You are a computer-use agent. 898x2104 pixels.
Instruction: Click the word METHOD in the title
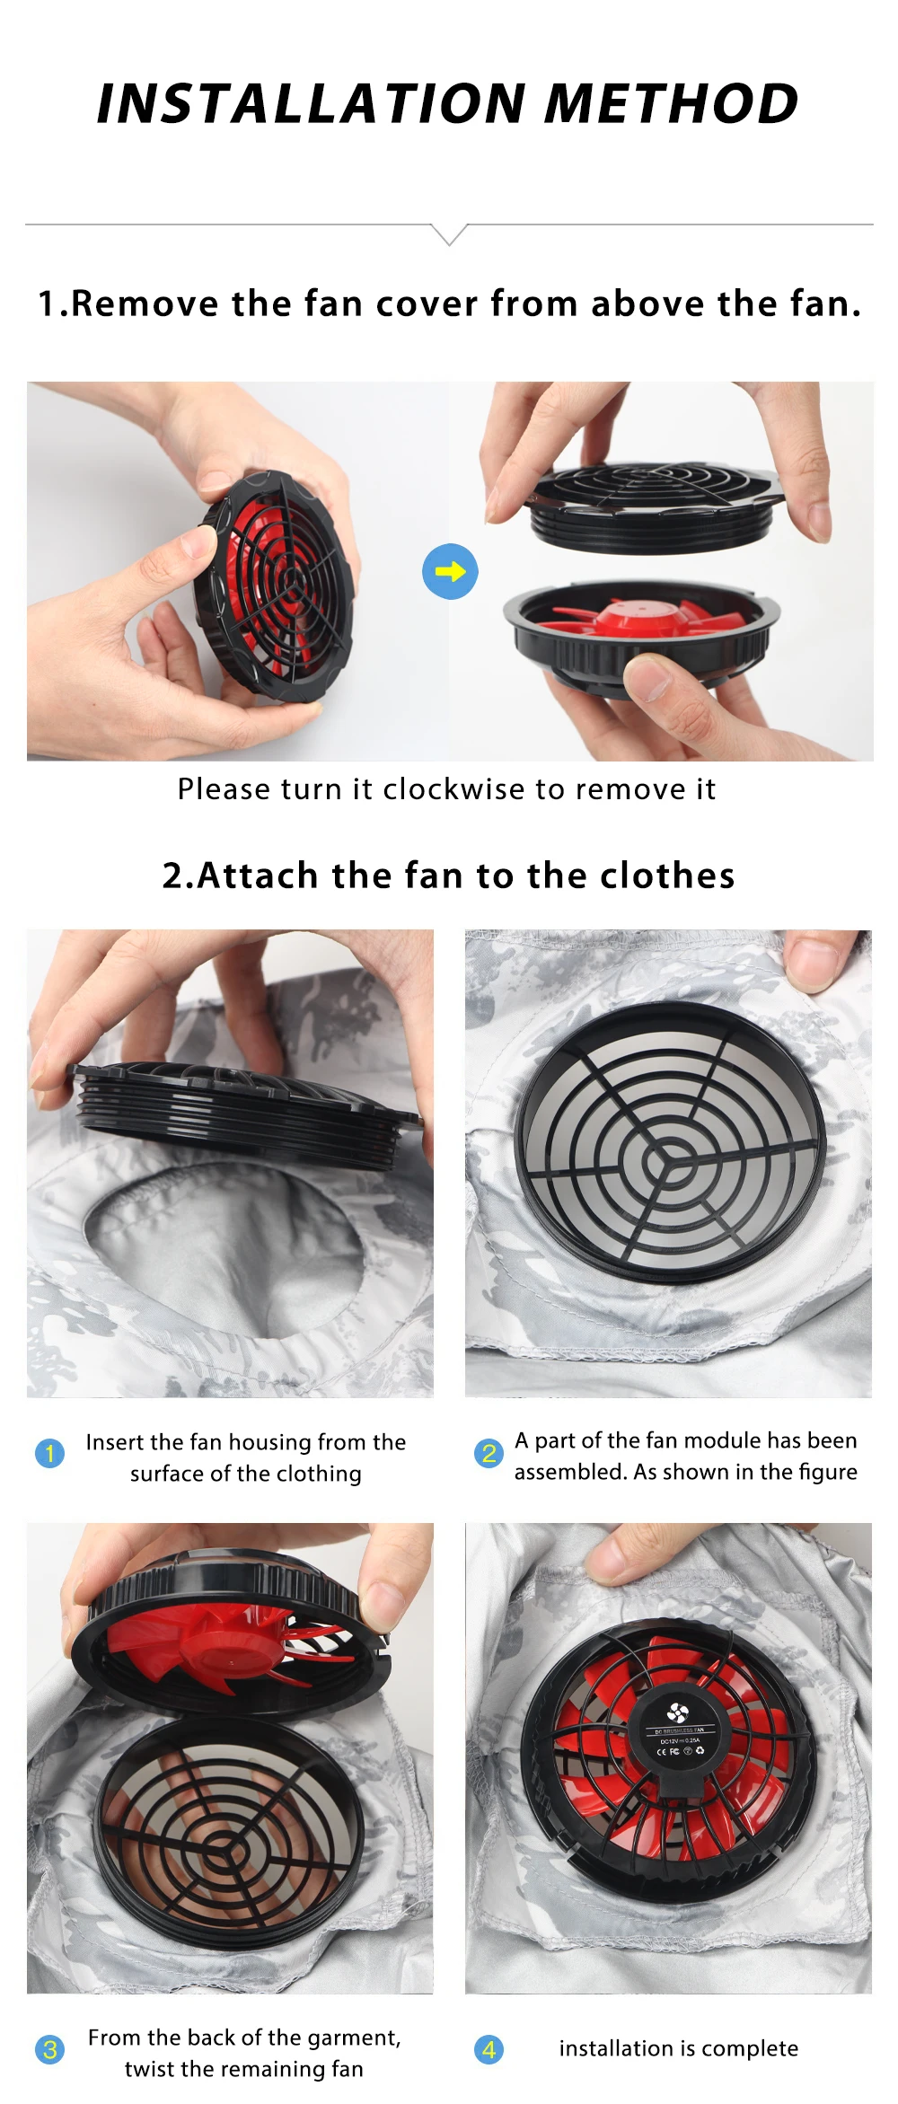pyautogui.click(x=671, y=103)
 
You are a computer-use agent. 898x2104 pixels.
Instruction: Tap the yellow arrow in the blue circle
pyautogui.click(x=450, y=571)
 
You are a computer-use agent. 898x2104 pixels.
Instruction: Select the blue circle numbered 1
pyautogui.click(x=49, y=1453)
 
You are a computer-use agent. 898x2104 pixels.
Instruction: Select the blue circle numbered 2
pyautogui.click(x=489, y=1453)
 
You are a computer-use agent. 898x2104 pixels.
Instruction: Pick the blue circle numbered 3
pyautogui.click(x=49, y=2049)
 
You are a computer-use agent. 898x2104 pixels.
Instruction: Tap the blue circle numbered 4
pyautogui.click(x=489, y=2049)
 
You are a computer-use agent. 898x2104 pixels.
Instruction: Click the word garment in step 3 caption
pyautogui.click(x=355, y=2038)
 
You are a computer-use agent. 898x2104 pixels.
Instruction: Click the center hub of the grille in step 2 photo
pyautogui.click(x=669, y=1155)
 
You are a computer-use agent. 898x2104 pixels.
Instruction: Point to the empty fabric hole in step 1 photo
pyautogui.click(x=224, y=1248)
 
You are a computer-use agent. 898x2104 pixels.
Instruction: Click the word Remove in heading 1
pyautogui.click(x=144, y=304)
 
